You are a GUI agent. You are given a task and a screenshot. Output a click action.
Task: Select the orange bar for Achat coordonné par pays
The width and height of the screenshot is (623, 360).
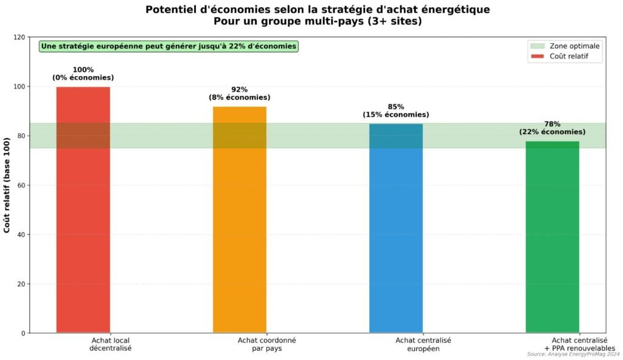pyautogui.click(x=240, y=220)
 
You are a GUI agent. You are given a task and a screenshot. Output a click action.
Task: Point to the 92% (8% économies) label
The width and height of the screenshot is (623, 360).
pyautogui.click(x=240, y=93)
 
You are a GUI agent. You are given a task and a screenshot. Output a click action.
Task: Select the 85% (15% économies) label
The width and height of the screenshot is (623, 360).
pyautogui.click(x=396, y=111)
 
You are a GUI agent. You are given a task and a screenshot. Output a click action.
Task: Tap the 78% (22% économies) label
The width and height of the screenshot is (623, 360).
pyautogui.click(x=552, y=128)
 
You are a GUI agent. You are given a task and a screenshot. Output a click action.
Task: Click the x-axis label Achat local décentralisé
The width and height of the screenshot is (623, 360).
pyautogui.click(x=110, y=344)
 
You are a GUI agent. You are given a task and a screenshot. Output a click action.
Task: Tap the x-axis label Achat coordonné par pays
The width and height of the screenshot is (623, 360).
pyautogui.click(x=266, y=344)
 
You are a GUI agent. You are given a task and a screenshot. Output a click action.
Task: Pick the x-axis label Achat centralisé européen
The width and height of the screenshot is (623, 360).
pyautogui.click(x=423, y=344)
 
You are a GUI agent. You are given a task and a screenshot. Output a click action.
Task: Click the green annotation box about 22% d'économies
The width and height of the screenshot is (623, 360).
pyautogui.click(x=169, y=46)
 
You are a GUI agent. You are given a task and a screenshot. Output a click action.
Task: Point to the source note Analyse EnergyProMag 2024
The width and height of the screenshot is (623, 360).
pyautogui.click(x=573, y=354)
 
